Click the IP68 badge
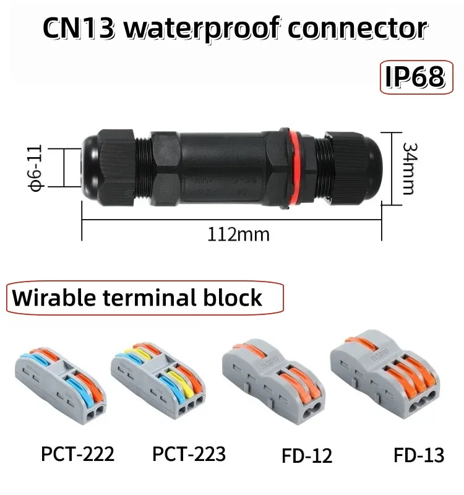[416, 77]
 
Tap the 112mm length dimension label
[238, 235]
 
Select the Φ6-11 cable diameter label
[35, 168]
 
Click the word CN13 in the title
[79, 28]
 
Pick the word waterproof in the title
[202, 29]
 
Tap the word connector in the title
[358, 28]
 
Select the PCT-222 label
[78, 454]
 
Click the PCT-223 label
[189, 454]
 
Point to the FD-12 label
[307, 455]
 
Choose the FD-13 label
[419, 455]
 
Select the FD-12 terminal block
[273, 381]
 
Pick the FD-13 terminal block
[385, 374]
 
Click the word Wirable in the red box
[54, 298]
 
